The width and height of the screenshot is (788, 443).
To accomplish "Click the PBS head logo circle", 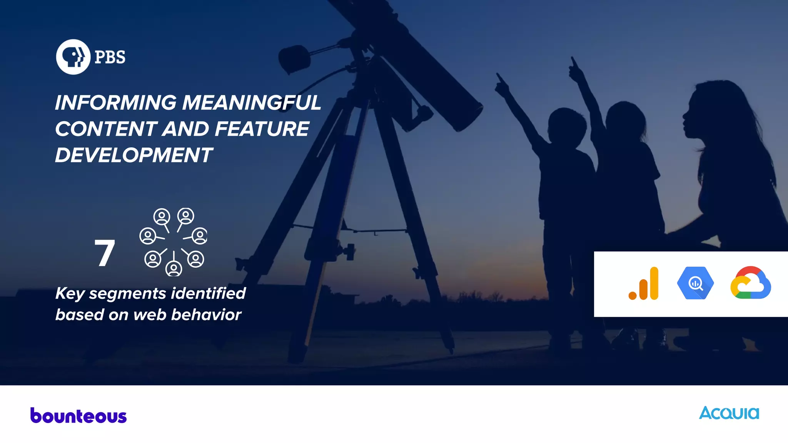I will click(73, 57).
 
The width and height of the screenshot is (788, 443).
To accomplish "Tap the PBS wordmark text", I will click(110, 57).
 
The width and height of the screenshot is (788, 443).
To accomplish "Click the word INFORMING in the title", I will click(116, 103).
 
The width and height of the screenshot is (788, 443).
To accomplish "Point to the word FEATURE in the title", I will click(262, 129).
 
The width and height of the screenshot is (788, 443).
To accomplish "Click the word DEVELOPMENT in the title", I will click(134, 155).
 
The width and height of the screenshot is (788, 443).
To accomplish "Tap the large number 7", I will click(104, 253).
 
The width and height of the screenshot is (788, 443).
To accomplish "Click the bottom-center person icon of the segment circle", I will click(174, 268).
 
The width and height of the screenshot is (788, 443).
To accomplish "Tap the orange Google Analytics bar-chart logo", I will click(644, 284).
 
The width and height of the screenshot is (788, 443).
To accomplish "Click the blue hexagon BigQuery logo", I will click(695, 283).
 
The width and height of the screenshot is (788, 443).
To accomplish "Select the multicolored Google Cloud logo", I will click(750, 283).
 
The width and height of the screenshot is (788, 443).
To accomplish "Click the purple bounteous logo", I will click(78, 416).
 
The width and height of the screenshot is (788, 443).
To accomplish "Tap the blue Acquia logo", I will click(729, 413).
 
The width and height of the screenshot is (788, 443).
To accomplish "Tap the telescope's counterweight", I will click(294, 58).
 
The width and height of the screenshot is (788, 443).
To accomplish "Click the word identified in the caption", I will click(208, 293).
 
